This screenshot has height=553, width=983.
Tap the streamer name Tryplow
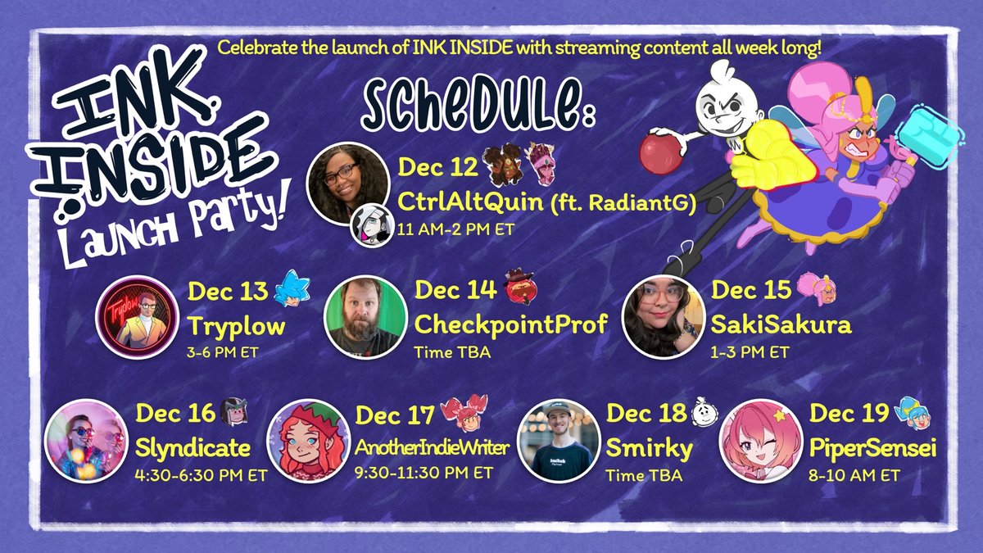click(x=237, y=326)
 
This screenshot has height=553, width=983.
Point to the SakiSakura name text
click(x=781, y=325)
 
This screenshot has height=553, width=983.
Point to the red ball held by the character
click(x=662, y=152)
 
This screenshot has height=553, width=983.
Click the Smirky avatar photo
click(x=560, y=440)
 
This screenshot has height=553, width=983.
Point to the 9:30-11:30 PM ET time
click(x=424, y=473)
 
